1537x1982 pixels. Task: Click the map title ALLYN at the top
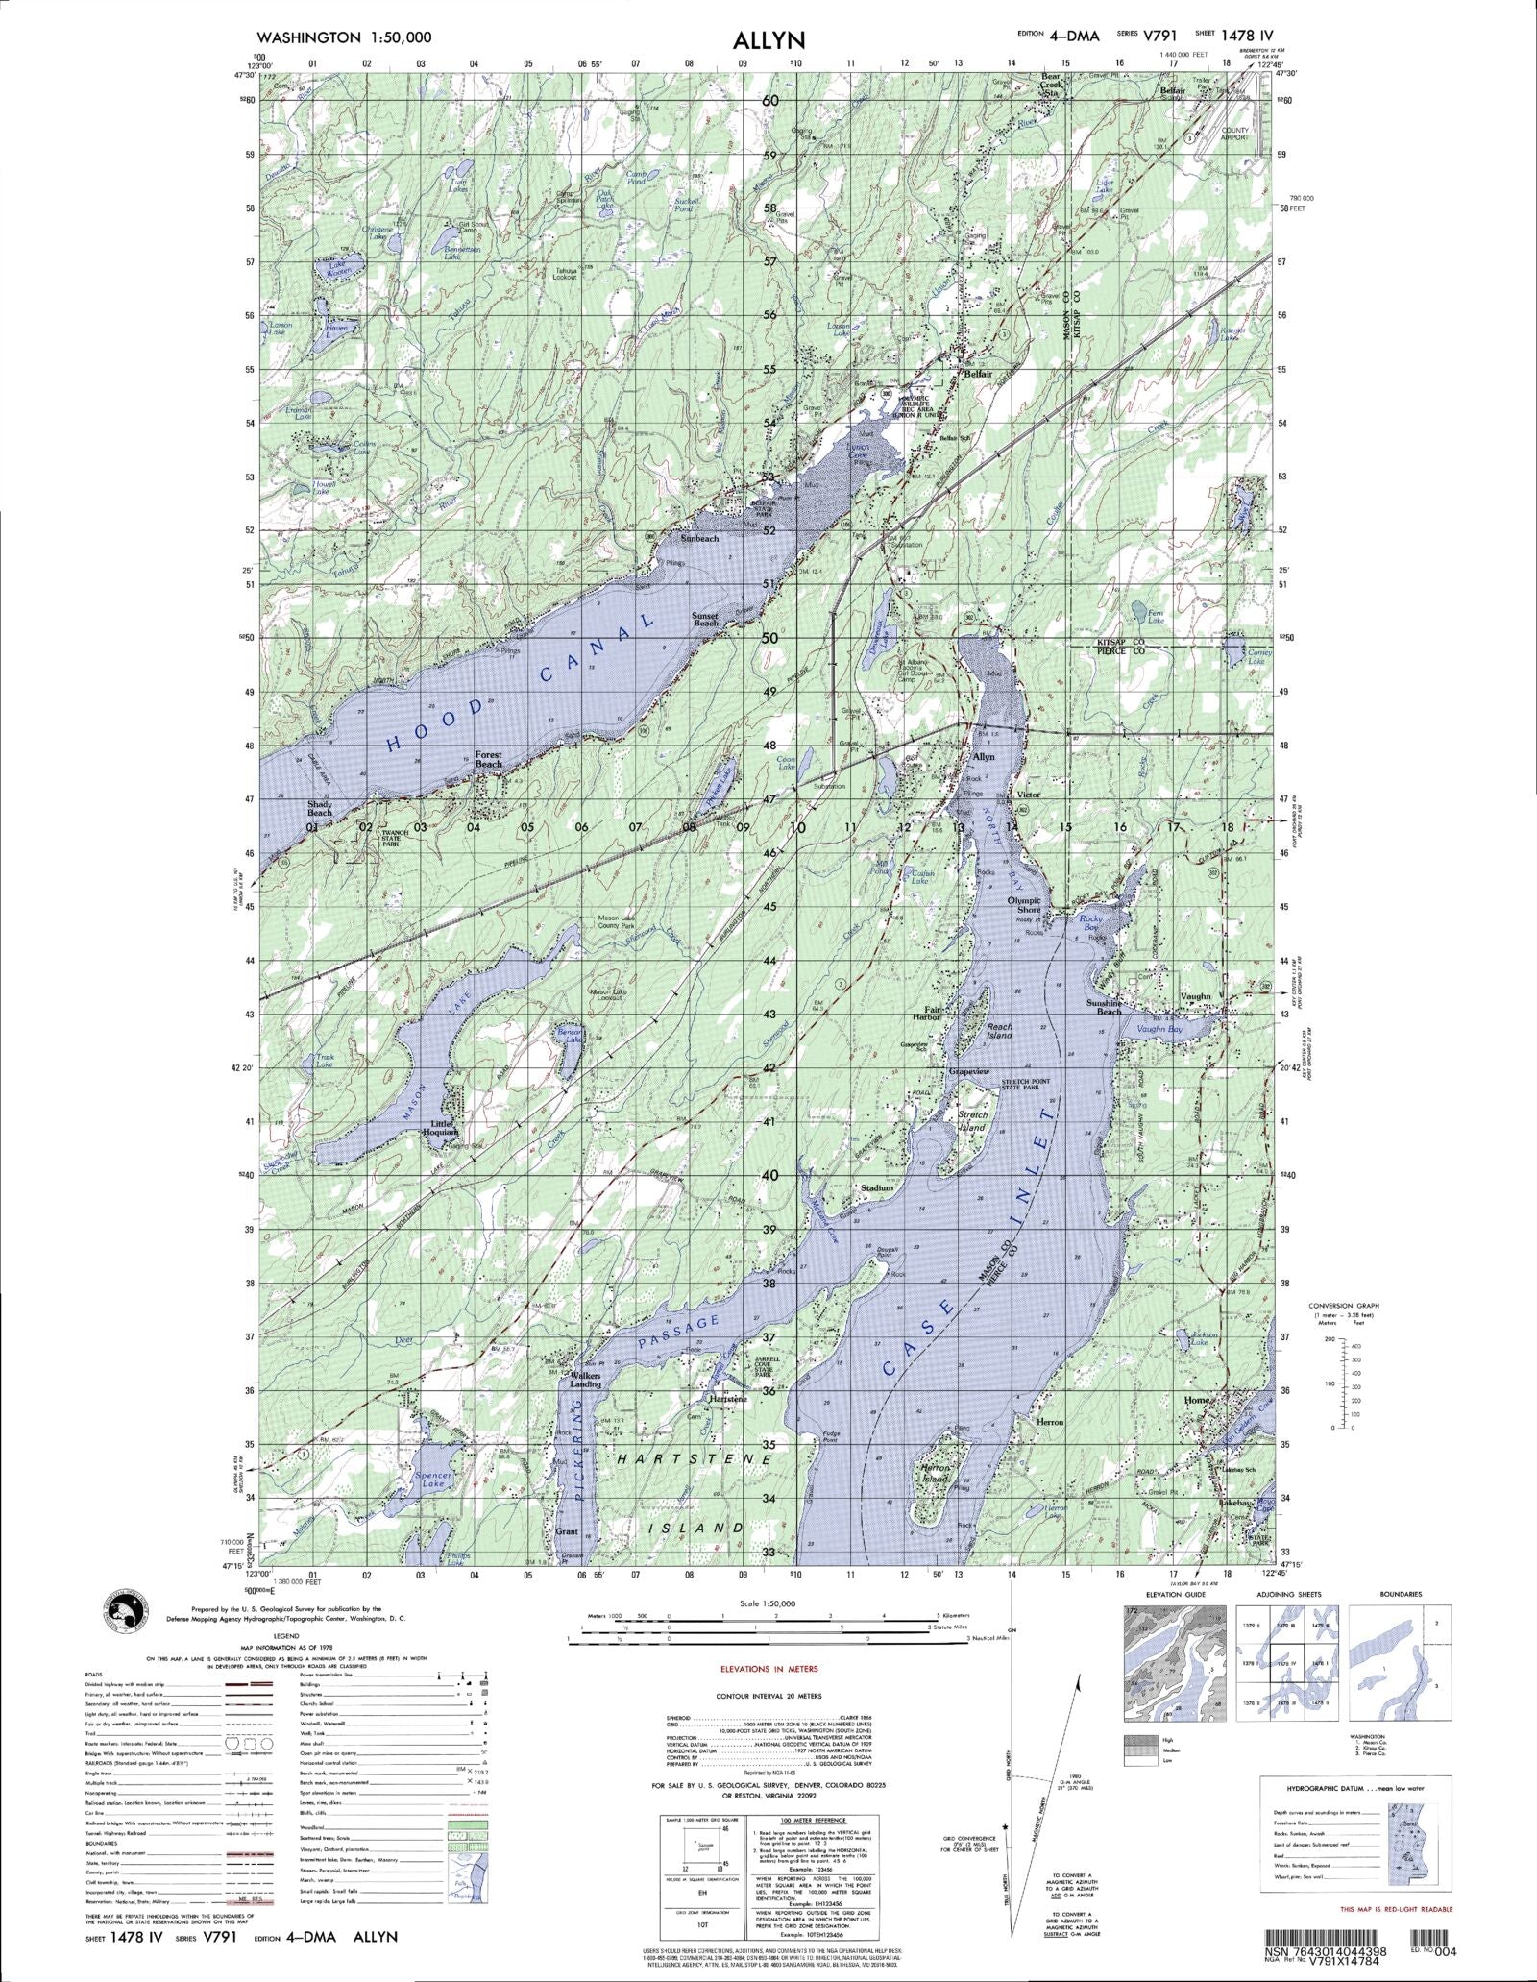[768, 39]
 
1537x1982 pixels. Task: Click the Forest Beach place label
[488, 760]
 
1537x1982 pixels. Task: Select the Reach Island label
[999, 1031]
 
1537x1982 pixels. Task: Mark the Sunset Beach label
[705, 620]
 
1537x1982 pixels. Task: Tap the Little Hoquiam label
[450, 1127]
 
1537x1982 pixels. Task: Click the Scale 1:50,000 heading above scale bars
[768, 1603]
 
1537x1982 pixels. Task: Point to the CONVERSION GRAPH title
[1343, 1306]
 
